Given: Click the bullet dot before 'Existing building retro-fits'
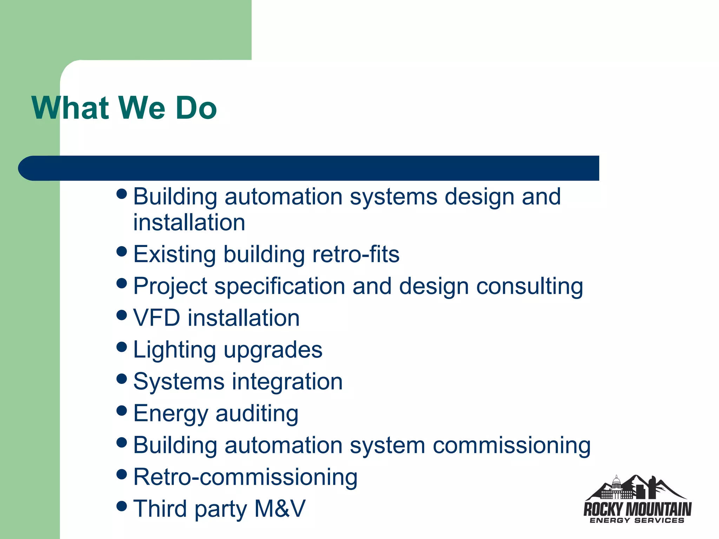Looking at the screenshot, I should coord(121,251).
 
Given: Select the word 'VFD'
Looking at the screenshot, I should coord(157,318).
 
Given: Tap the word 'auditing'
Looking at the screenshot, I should coord(257,414).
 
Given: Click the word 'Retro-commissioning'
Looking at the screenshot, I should coord(245,477).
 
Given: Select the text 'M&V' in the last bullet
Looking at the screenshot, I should coord(280,508).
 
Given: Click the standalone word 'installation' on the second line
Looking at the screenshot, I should coord(189,222).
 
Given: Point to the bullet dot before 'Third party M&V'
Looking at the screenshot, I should coord(121,506).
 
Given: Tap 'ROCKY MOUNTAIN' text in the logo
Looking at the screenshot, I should coord(637,509).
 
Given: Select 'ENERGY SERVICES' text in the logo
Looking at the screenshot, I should coord(637,520).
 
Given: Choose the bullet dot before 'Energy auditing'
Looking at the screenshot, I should coord(121,411).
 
